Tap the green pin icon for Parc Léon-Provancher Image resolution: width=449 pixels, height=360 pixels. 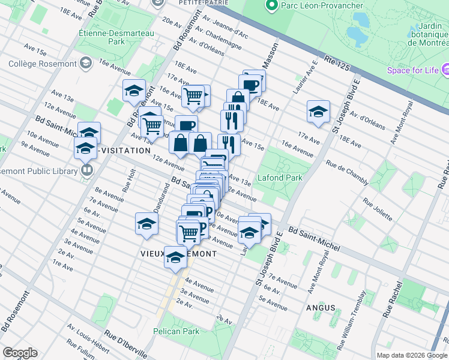[271, 6]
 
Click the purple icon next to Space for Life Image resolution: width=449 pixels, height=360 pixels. [446, 71]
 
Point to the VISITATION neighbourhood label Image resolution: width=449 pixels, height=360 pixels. [125, 151]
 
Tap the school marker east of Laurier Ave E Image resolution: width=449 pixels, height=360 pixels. [318, 110]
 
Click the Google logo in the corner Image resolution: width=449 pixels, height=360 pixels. [20, 353]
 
